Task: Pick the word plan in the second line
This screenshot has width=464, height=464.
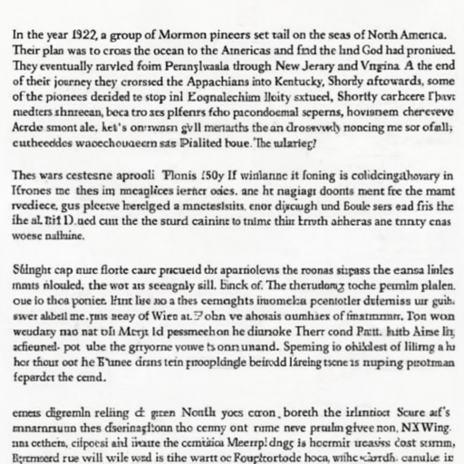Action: pos(63,52)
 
